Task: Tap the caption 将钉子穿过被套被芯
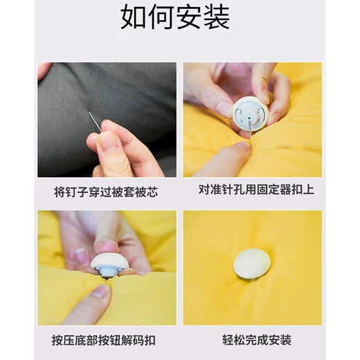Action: click(x=106, y=192)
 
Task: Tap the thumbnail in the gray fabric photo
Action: click(x=107, y=141)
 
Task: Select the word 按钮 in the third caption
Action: click(x=119, y=340)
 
